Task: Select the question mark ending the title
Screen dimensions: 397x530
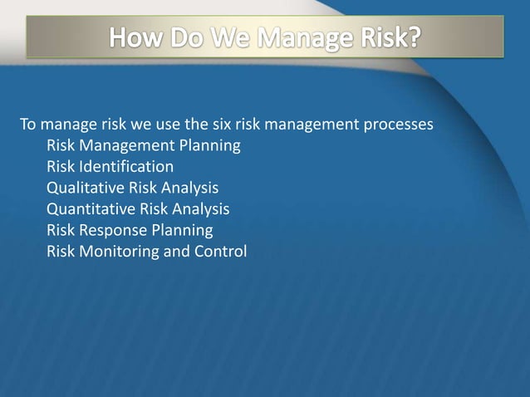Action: point(410,38)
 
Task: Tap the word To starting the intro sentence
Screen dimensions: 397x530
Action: point(27,126)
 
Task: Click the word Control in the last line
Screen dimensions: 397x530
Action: point(219,251)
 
